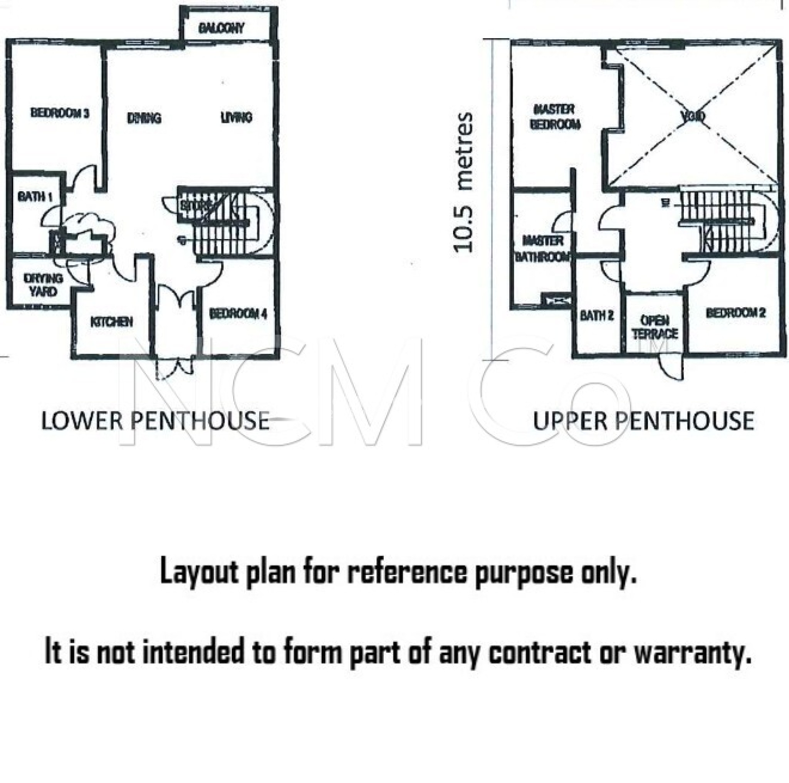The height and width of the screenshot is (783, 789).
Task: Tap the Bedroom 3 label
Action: pyautogui.click(x=60, y=113)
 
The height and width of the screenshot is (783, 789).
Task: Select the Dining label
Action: pyautogui.click(x=144, y=118)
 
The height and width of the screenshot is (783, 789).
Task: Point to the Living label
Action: pyautogui.click(x=237, y=118)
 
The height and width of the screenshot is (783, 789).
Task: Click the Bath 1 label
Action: pyautogui.click(x=35, y=197)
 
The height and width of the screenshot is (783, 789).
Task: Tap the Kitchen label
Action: pyautogui.click(x=111, y=322)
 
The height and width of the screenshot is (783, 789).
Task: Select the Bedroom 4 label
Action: pyautogui.click(x=238, y=314)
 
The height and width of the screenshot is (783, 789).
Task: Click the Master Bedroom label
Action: pyautogui.click(x=555, y=117)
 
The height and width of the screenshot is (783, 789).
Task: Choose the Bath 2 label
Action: pyautogui.click(x=597, y=315)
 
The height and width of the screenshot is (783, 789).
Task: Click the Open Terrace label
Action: pyautogui.click(x=655, y=327)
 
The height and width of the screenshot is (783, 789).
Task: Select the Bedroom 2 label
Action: pyautogui.click(x=735, y=313)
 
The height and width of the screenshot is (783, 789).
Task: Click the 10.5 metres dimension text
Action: pyautogui.click(x=464, y=183)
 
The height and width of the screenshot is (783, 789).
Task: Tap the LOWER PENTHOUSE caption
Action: pyautogui.click(x=155, y=421)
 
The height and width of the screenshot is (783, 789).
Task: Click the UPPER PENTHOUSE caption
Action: pyautogui.click(x=644, y=421)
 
